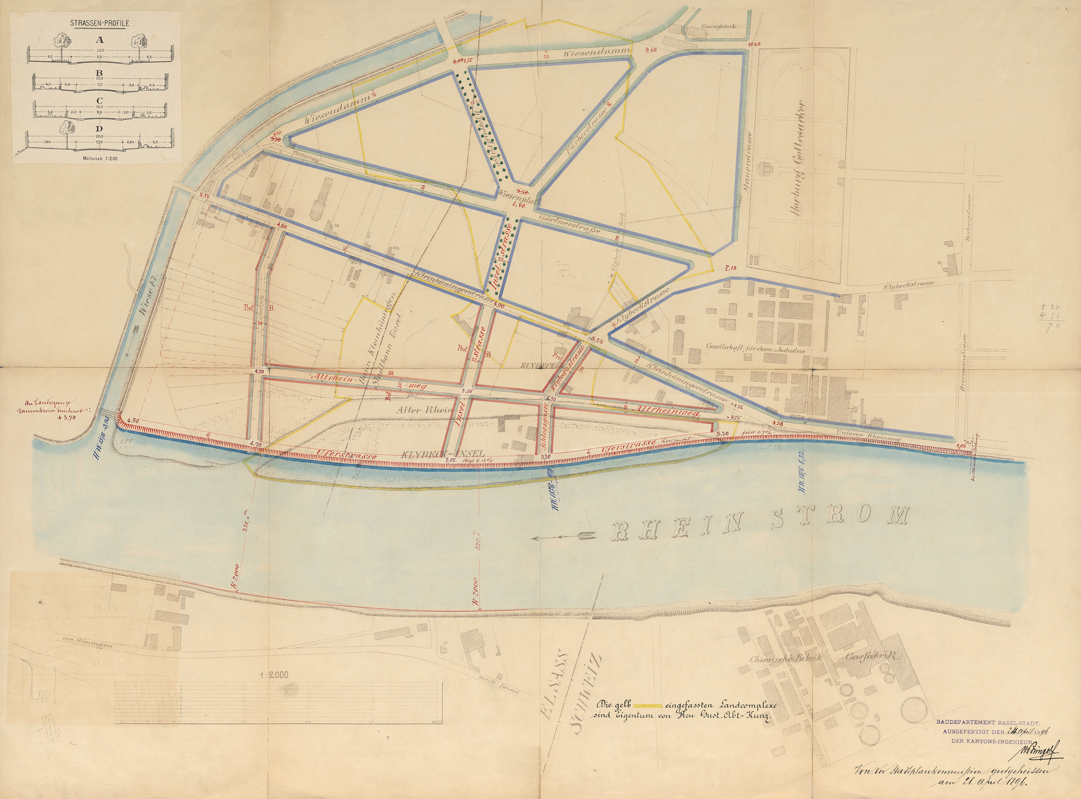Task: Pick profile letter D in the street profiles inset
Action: click(x=99, y=129)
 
